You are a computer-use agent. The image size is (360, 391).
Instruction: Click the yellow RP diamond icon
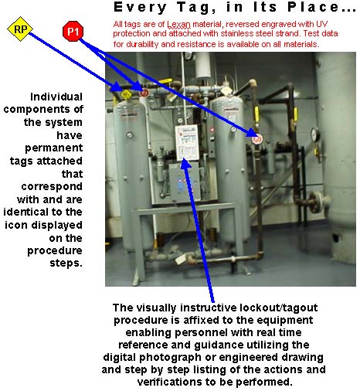[21, 30]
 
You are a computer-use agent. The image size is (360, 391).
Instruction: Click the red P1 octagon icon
[72, 32]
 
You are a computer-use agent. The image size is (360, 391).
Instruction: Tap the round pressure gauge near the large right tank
[314, 134]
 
